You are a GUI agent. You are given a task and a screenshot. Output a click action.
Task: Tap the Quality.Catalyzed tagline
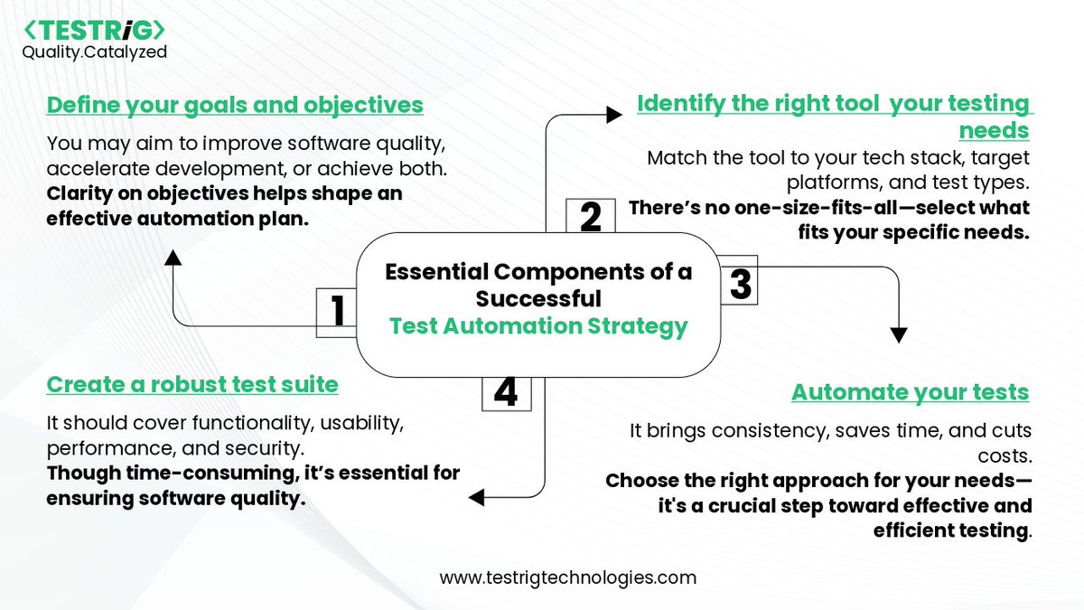point(94,52)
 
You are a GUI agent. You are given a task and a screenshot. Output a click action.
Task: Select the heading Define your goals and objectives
point(235,105)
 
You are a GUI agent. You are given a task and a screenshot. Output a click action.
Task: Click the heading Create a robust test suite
point(192,385)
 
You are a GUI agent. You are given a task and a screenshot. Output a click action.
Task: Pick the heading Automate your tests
point(910,392)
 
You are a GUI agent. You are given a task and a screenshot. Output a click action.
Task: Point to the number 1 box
point(336,312)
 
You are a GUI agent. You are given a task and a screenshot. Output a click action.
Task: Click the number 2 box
point(590,218)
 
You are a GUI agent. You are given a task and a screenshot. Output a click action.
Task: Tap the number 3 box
point(739,284)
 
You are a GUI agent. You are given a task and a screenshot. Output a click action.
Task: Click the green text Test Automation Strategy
point(538,326)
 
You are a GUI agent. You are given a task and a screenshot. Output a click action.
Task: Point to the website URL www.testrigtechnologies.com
point(568,577)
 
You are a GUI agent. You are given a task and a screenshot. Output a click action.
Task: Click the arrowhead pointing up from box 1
point(174,258)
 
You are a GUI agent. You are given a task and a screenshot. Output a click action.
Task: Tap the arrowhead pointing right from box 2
point(613,114)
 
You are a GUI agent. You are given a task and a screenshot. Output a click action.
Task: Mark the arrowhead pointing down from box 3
point(898,334)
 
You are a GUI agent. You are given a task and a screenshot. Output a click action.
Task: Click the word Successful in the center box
point(538,298)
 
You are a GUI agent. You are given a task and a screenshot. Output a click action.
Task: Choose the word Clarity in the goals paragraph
point(78,194)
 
